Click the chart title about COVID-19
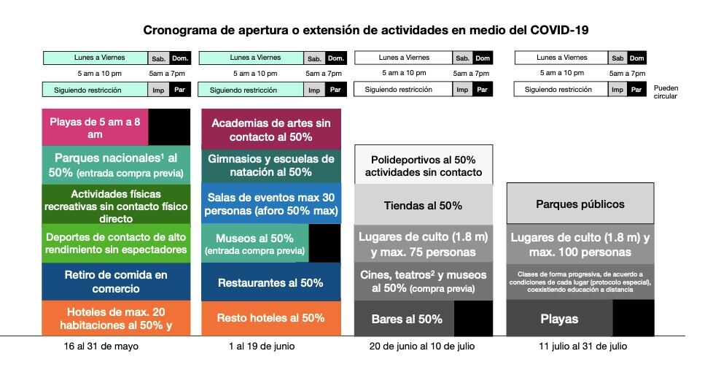365,30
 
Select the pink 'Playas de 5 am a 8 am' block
96,128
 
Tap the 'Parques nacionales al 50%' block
116,166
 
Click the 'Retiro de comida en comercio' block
116,281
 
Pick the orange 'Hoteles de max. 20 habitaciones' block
116,319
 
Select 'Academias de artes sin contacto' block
270,130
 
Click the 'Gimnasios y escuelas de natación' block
270,166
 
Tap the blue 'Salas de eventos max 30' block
270,204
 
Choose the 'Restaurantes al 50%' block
270,282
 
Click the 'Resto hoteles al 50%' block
270,318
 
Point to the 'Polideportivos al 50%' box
424,166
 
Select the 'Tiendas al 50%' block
424,206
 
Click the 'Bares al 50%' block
405,319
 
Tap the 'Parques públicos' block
580,204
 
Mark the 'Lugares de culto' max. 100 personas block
580,244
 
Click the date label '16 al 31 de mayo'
101,347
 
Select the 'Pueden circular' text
666,91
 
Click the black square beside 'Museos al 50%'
324,243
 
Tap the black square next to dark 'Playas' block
633,318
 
